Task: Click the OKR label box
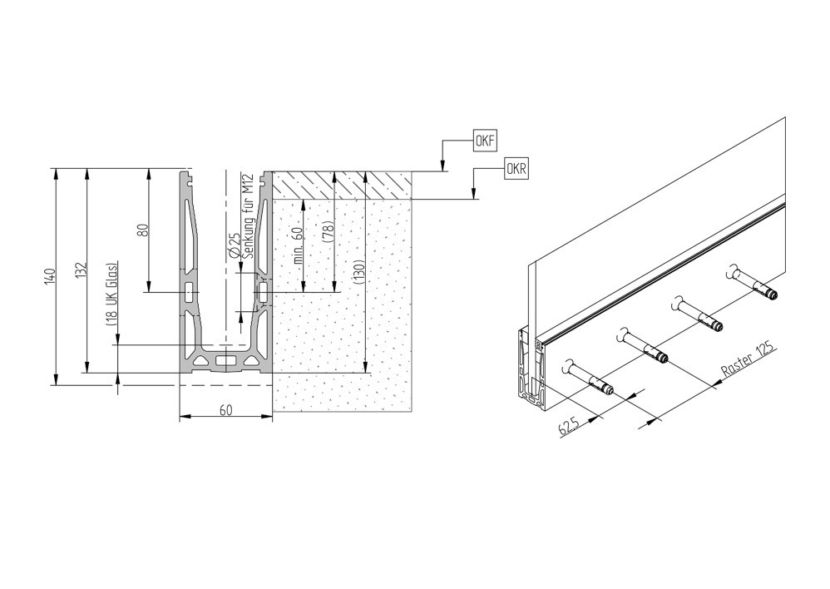(x=516, y=169)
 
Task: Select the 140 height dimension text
(x=48, y=276)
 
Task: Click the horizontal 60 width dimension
(x=226, y=410)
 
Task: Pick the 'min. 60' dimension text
(x=298, y=245)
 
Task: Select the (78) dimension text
(x=329, y=231)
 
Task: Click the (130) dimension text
(x=360, y=272)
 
